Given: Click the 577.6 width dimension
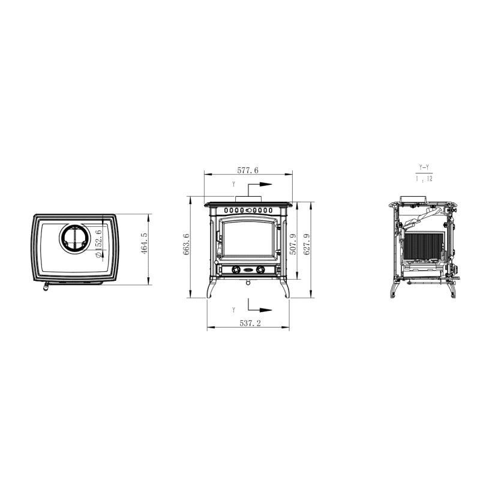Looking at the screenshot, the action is tap(248, 170).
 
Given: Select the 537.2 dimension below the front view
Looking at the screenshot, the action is tap(250, 323).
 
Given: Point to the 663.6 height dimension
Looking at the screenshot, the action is tap(187, 244).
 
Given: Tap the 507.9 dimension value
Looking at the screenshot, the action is tap(293, 244).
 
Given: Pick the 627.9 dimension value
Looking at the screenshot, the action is tap(307, 244).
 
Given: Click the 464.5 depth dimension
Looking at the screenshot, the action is tap(144, 244).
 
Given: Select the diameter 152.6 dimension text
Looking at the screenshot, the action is tap(98, 244).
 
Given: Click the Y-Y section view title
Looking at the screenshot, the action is tap(424, 167).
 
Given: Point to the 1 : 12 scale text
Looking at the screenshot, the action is tap(424, 178).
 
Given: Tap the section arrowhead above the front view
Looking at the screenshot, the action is tap(266, 185).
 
